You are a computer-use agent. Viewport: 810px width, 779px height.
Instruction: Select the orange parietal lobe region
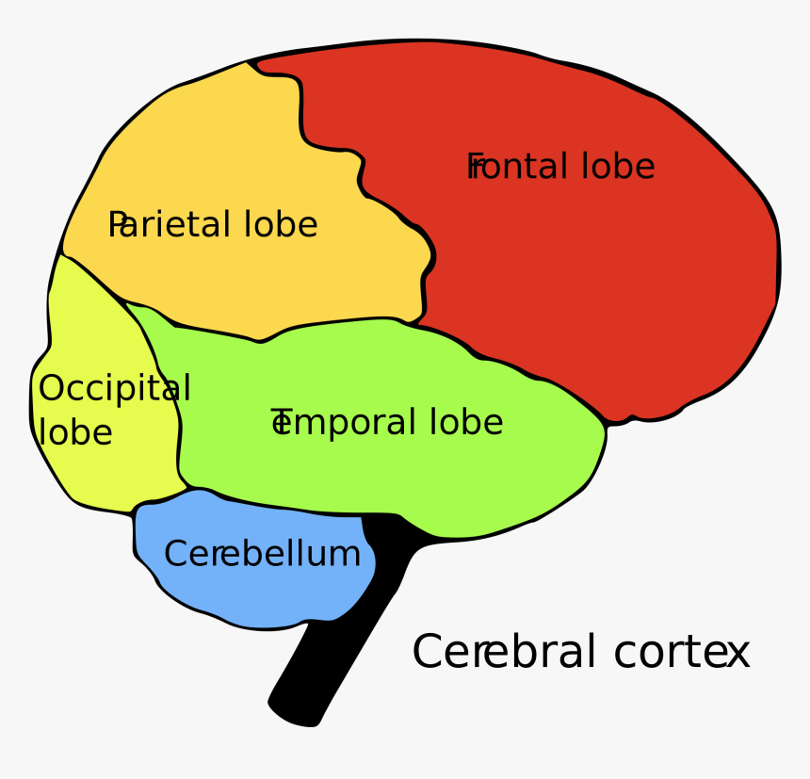(235, 141)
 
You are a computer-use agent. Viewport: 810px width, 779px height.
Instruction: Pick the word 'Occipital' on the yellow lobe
(114, 389)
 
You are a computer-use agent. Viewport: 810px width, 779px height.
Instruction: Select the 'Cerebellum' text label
(262, 554)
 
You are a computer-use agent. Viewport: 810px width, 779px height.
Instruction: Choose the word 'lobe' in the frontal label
(618, 167)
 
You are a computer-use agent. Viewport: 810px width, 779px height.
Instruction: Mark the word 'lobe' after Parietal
(281, 225)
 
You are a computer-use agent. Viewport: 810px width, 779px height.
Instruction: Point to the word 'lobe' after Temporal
(466, 423)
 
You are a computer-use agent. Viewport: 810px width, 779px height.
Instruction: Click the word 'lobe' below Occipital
(75, 432)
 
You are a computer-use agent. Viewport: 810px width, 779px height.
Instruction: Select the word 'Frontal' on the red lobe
(519, 167)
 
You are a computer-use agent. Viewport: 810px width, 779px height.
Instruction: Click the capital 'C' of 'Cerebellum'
(175, 554)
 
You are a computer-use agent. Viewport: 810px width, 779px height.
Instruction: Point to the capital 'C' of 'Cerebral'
(428, 652)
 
